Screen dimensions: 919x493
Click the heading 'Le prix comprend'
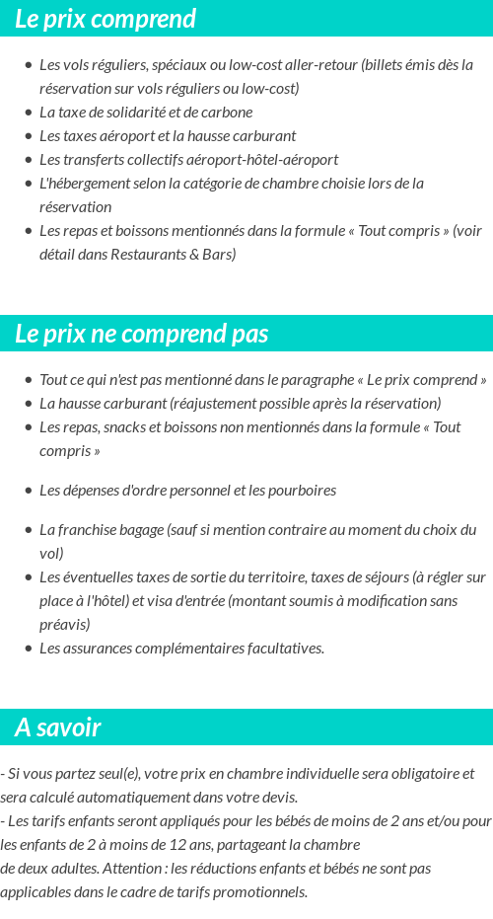[106, 19]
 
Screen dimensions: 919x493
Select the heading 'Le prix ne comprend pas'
[141, 334]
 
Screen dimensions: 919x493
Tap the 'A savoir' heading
[58, 728]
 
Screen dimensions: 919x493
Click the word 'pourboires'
[301, 491]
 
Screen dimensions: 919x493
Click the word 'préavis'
[64, 625]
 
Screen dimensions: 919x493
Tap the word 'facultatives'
[282, 649]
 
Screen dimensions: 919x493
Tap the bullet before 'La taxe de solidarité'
[29, 113]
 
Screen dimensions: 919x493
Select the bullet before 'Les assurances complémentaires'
[29, 649]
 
